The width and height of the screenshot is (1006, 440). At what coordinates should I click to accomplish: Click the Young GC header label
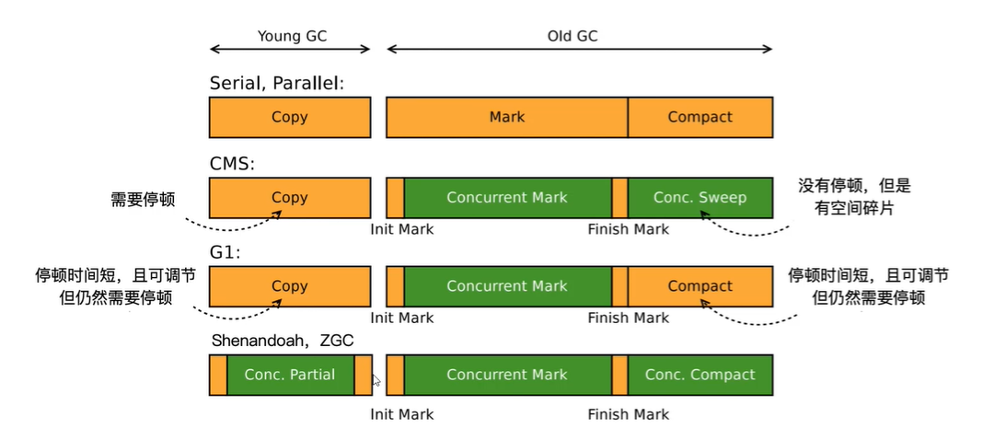[292, 36]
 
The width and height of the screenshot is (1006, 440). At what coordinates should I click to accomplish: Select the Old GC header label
[572, 36]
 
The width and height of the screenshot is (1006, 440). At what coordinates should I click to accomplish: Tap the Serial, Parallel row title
[277, 84]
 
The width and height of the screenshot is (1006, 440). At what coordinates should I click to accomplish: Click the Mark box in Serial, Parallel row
[507, 118]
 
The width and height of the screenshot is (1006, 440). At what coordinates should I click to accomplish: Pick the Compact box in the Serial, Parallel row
[700, 118]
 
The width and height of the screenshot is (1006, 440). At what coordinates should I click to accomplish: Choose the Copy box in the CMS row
[290, 198]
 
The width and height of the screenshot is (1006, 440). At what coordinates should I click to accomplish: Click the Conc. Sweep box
[700, 198]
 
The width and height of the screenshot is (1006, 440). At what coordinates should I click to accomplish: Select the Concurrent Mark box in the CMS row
[507, 198]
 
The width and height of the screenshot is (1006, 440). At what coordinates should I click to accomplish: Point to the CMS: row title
[232, 164]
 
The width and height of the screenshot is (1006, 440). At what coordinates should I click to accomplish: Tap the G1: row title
[225, 253]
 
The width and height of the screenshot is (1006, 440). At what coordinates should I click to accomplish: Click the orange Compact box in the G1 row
[700, 286]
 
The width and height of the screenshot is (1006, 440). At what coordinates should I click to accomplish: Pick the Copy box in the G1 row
[290, 286]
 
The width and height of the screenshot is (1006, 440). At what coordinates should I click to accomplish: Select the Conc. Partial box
[290, 375]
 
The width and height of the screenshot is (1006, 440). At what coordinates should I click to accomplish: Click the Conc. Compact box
[700, 375]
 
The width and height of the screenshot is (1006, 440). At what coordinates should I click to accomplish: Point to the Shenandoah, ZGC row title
[283, 341]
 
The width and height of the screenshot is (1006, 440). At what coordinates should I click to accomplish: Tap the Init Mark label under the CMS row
[402, 229]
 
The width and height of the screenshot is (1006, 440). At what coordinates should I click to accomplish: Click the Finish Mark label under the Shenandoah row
[628, 414]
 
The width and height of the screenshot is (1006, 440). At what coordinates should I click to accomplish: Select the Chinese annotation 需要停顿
[144, 199]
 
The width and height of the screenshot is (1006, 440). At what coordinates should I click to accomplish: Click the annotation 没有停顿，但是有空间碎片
[854, 197]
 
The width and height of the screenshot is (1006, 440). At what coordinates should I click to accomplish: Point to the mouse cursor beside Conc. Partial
[376, 380]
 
